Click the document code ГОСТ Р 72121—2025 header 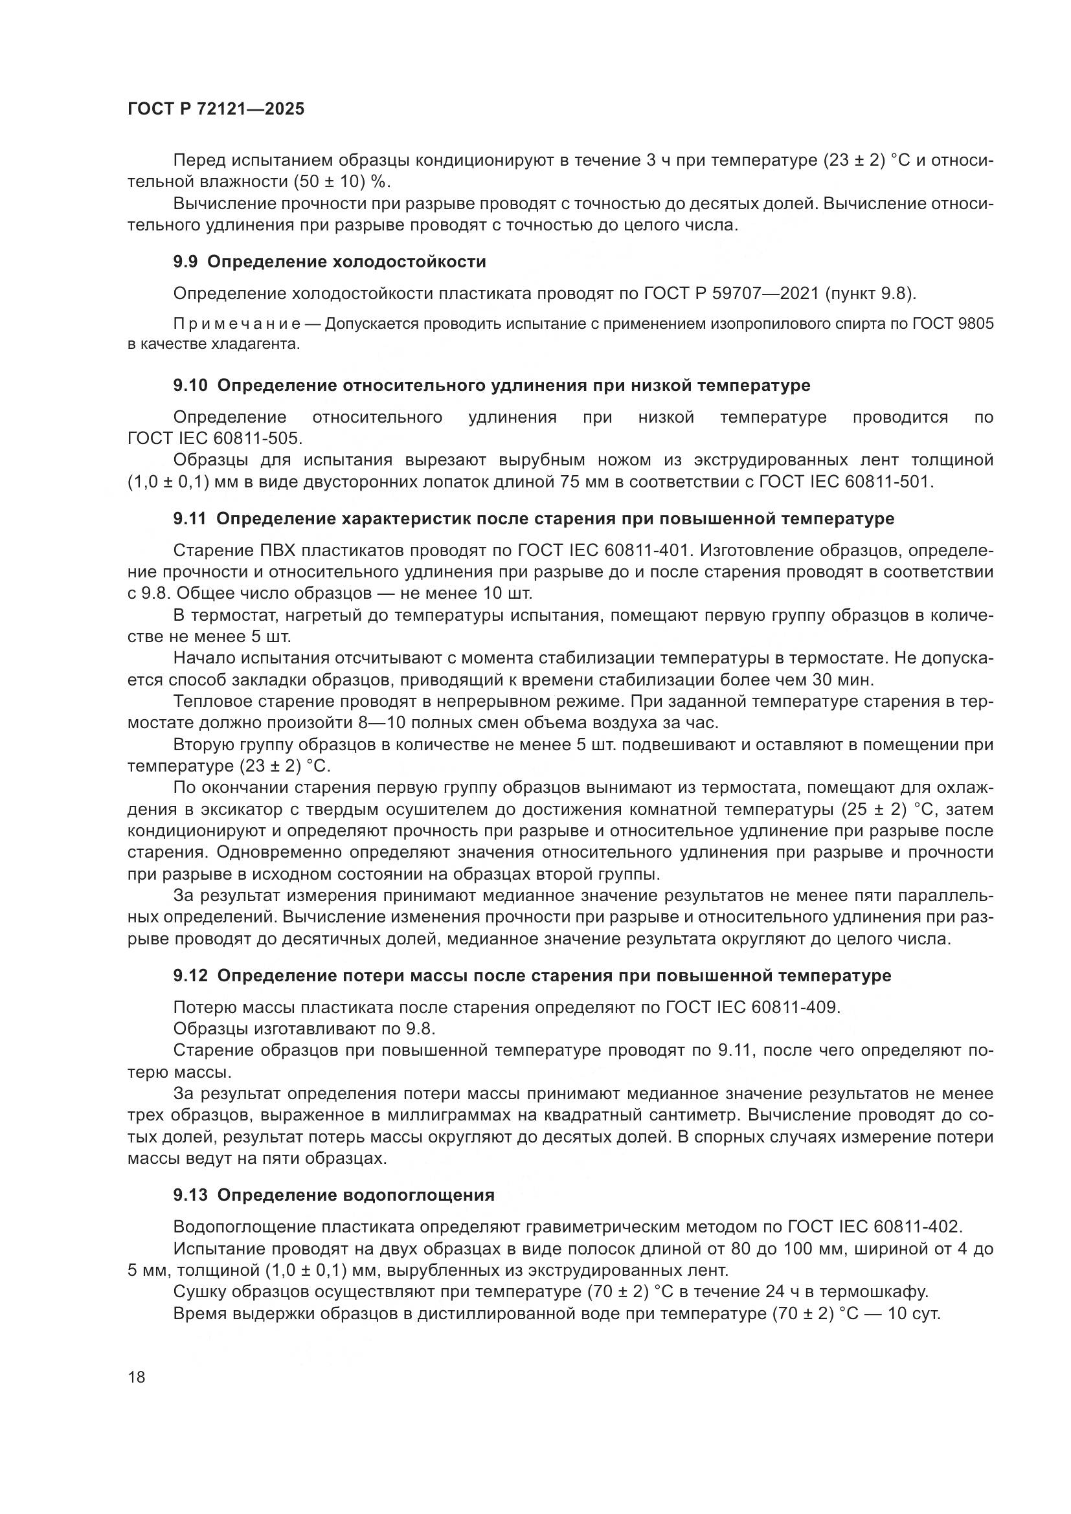point(216,109)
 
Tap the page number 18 point(137,1377)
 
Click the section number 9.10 point(190,385)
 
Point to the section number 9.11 point(189,518)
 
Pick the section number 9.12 point(190,975)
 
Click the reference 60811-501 point(888,482)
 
